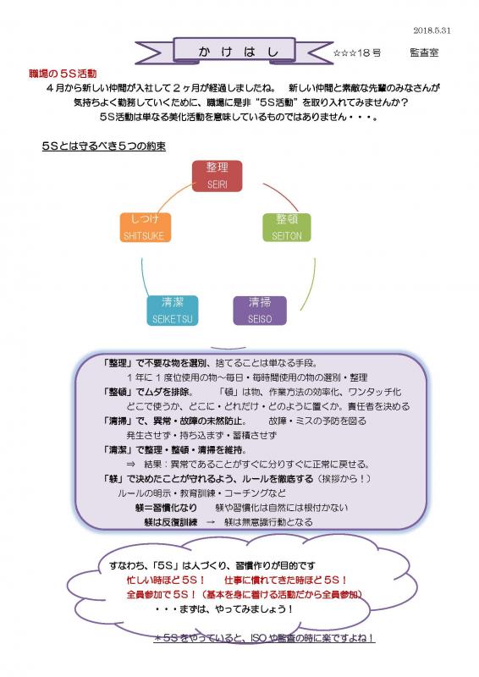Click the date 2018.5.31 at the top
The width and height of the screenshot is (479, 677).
pyautogui.click(x=432, y=30)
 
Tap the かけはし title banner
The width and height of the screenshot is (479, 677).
pyautogui.click(x=234, y=51)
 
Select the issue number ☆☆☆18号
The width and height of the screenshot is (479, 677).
pyautogui.click(x=357, y=53)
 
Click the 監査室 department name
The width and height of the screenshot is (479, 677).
pyautogui.click(x=424, y=52)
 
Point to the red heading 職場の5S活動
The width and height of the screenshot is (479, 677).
pyautogui.click(x=63, y=74)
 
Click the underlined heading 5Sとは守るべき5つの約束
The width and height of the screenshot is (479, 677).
pyautogui.click(x=103, y=146)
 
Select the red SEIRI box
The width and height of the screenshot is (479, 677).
pyautogui.click(x=217, y=176)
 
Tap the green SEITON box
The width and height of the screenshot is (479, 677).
pyautogui.click(x=287, y=227)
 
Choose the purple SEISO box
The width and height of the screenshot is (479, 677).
pyautogui.click(x=260, y=311)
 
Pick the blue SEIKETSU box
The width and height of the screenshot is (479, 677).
pyautogui.click(x=173, y=311)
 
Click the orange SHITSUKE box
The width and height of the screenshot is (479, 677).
pyautogui.click(x=145, y=227)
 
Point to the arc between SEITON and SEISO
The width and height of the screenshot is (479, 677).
pyautogui.click(x=311, y=285)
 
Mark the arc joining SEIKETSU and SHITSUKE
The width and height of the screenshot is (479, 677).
pyautogui.click(x=144, y=278)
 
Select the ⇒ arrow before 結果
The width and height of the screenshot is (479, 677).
pyautogui.click(x=130, y=465)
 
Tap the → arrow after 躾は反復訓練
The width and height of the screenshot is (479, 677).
pyautogui.click(x=211, y=522)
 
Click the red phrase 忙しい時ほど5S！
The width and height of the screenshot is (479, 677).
pyautogui.click(x=165, y=580)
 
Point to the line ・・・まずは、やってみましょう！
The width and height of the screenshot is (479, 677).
pyautogui.click(x=224, y=608)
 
